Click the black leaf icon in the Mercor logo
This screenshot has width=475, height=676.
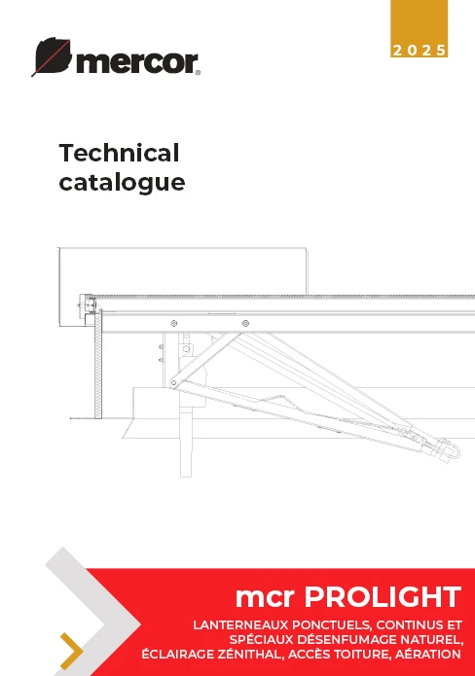[53, 56]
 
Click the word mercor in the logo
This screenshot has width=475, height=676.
[137, 63]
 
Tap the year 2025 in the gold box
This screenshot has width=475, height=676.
[419, 51]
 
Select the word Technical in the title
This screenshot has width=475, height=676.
[119, 153]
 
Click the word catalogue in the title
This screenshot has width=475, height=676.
[122, 183]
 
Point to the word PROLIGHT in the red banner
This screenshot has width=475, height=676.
[383, 597]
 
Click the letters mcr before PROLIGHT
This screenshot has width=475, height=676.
[266, 598]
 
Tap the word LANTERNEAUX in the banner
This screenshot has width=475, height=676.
[240, 625]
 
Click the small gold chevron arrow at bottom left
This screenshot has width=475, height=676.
[72, 652]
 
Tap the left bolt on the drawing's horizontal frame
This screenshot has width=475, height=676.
[174, 323]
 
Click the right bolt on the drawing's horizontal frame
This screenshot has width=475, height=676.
[245, 323]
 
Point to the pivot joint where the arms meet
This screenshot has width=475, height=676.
[174, 383]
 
